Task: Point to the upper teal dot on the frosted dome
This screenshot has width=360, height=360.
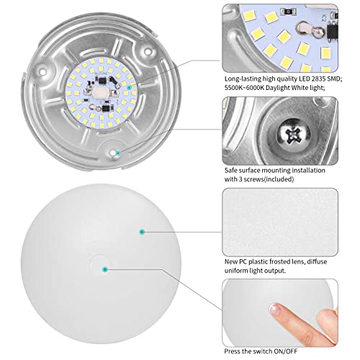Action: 142,231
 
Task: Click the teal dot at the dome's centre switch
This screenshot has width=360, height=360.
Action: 105,269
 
